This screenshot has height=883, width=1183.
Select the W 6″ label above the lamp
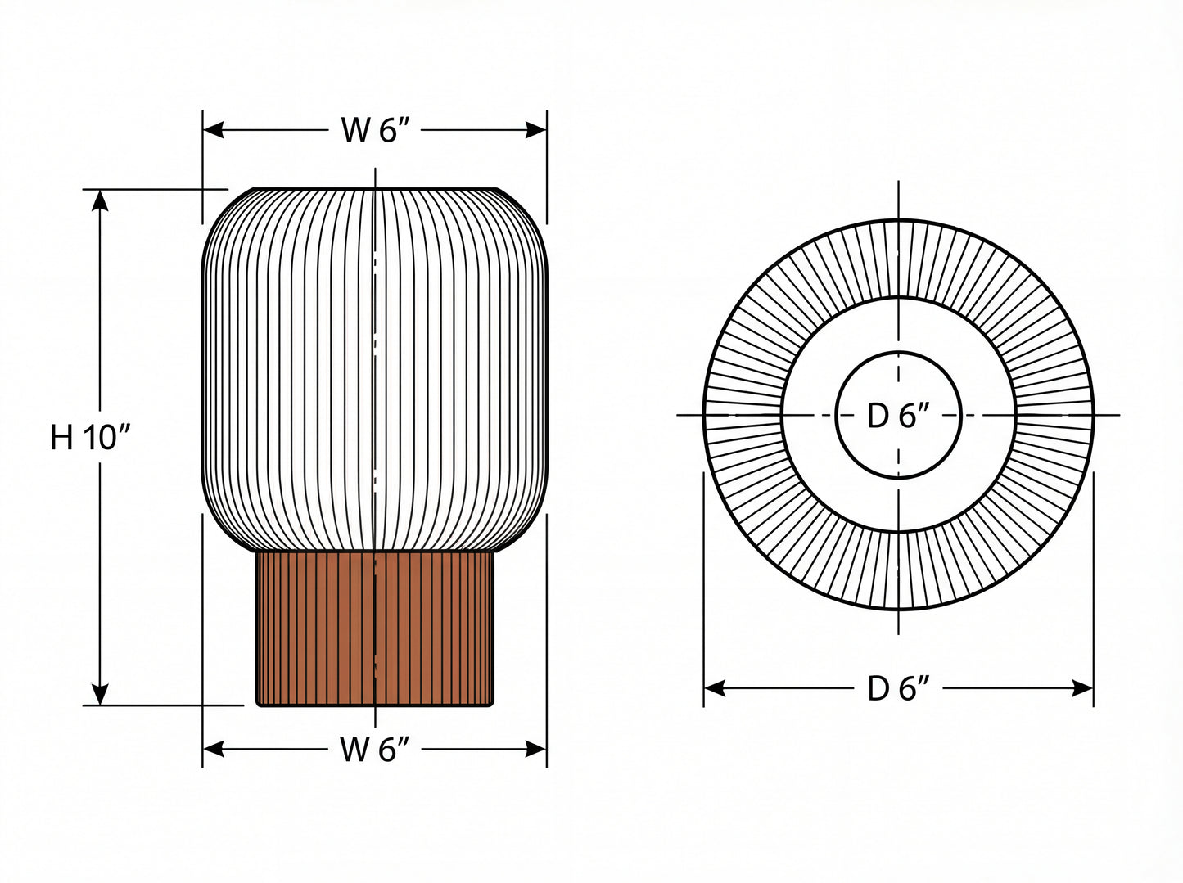pos(373,130)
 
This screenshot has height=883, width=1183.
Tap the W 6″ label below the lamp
pos(373,749)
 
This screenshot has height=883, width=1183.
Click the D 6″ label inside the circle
pos(898,417)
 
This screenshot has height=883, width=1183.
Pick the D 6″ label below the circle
pos(898,689)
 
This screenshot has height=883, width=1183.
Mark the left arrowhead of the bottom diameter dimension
pos(714,689)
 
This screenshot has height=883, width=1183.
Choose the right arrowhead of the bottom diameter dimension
pos(1083,689)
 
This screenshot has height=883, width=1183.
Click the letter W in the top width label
pos(355,130)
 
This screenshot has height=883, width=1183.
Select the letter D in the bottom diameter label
pos(878,689)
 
